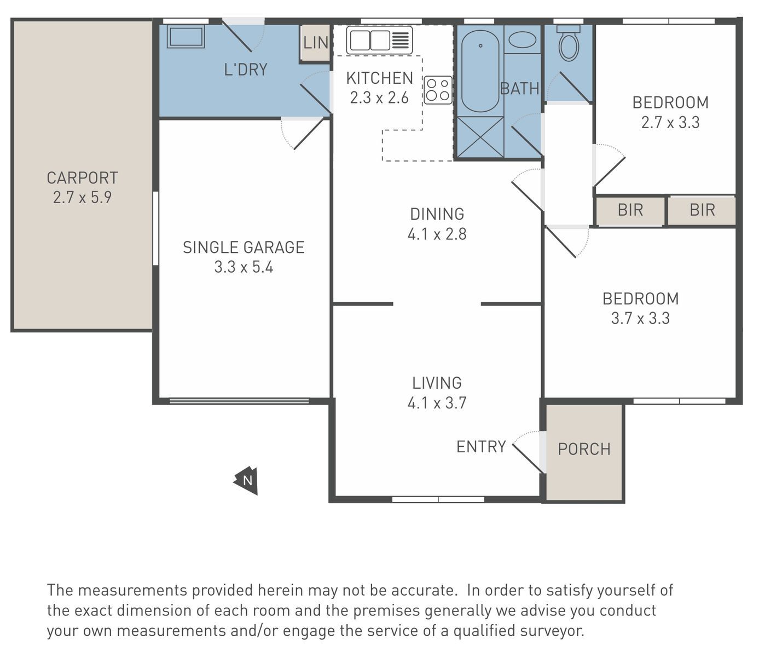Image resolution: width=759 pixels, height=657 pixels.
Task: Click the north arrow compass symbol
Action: (246, 480)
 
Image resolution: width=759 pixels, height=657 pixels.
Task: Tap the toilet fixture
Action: (569, 43)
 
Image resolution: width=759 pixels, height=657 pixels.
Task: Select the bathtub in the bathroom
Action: (480, 71)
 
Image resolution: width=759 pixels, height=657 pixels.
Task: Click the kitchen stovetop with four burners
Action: (438, 90)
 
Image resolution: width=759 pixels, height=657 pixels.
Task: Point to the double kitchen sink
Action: (379, 40)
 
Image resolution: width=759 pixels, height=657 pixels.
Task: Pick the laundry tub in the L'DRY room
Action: (186, 36)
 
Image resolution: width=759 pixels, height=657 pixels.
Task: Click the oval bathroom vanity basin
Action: (522, 39)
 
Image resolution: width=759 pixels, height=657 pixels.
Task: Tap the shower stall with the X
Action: (480, 137)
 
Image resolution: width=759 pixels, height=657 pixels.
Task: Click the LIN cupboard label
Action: (316, 43)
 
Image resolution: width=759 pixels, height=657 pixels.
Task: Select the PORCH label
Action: (584, 449)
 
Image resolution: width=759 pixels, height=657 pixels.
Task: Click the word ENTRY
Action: (481, 447)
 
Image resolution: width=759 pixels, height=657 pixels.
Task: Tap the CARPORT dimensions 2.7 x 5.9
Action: (82, 197)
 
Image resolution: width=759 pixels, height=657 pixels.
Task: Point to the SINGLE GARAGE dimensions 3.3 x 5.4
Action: (244, 267)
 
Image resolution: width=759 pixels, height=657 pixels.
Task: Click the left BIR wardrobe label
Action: (630, 210)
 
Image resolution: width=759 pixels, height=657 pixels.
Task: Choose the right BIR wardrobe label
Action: (702, 210)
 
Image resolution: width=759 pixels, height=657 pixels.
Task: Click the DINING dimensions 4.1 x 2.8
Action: (437, 234)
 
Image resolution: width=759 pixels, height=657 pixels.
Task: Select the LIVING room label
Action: (437, 383)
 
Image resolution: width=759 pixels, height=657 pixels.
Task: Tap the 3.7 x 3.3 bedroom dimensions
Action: (640, 318)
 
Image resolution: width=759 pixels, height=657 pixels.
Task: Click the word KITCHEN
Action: (380, 78)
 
